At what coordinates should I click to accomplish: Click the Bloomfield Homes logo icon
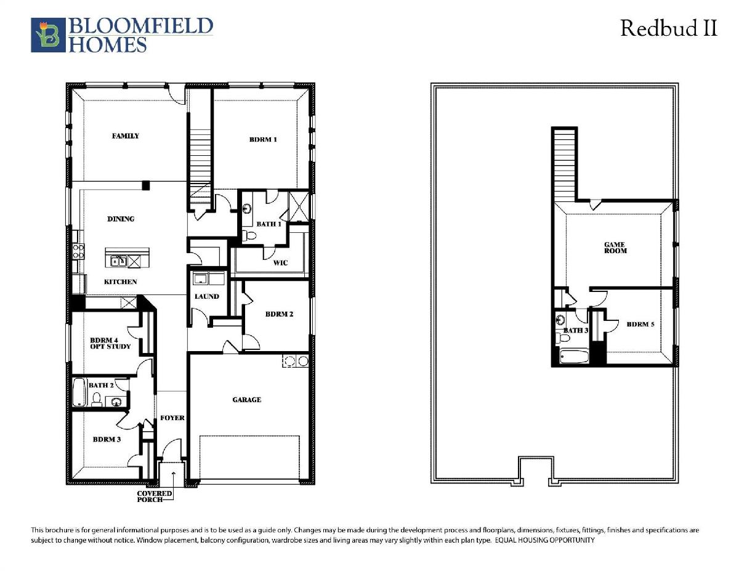click(x=48, y=35)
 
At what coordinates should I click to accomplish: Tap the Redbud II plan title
click(x=669, y=28)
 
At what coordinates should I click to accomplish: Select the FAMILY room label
click(x=126, y=136)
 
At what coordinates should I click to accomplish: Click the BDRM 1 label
click(x=263, y=139)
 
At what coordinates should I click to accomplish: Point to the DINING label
click(x=121, y=219)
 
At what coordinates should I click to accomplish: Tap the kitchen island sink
click(x=119, y=261)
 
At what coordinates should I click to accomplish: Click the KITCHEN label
click(x=120, y=282)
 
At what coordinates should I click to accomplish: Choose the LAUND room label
click(x=207, y=296)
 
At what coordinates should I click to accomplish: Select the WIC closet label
click(x=280, y=263)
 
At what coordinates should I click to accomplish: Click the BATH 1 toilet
click(x=250, y=235)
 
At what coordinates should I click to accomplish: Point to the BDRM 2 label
click(x=279, y=314)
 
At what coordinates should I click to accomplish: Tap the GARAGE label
click(x=247, y=400)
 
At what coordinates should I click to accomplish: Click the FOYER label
click(x=172, y=418)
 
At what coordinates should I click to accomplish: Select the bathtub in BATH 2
click(x=79, y=392)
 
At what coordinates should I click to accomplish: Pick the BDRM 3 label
click(x=107, y=440)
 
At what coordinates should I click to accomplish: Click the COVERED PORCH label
click(x=154, y=496)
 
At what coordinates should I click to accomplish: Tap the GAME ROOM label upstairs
click(x=615, y=248)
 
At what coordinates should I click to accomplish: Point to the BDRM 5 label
click(x=640, y=325)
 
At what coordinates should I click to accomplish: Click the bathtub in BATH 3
click(x=574, y=357)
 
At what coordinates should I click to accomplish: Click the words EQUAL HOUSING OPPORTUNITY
click(x=545, y=540)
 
